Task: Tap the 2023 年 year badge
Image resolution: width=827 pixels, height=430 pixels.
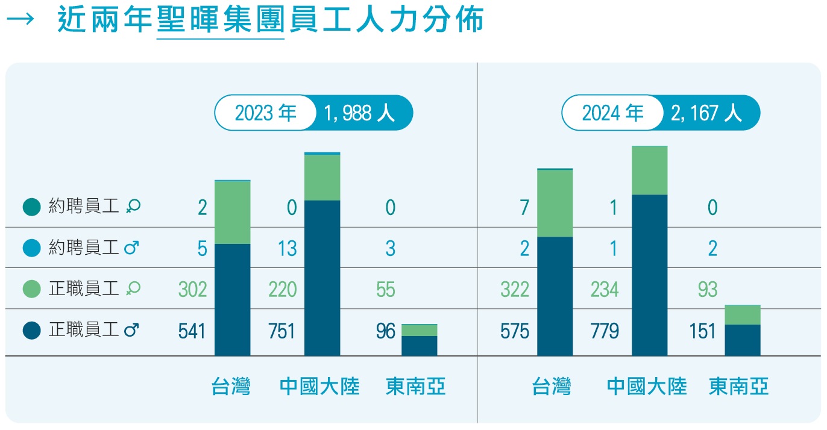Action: coord(265,113)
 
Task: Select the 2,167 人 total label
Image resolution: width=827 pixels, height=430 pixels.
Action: coord(706,113)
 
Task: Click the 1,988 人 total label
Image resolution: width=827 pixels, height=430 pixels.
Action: coord(359,113)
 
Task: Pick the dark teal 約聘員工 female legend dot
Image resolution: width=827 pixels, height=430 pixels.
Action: coord(32,207)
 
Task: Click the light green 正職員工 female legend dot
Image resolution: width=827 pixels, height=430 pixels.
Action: coord(32,289)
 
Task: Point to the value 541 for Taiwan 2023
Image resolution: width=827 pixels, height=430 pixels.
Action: coord(192,331)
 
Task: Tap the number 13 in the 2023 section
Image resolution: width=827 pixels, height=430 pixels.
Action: coord(288,248)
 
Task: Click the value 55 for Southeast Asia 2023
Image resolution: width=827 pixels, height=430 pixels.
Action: coord(386,290)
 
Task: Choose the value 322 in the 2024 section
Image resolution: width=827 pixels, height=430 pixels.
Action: coord(514,290)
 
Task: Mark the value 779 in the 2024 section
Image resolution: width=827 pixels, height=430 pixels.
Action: coord(605,331)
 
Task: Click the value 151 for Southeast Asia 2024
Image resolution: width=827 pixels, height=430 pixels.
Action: coord(702,331)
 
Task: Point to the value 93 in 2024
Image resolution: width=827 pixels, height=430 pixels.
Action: coord(708,290)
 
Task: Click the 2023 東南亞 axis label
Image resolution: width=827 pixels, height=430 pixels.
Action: coord(416,386)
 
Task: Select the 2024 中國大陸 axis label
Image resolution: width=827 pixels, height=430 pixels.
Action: coord(647,386)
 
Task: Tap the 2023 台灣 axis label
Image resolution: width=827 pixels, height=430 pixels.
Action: coord(231,386)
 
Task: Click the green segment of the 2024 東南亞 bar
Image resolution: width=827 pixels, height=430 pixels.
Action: coord(742,314)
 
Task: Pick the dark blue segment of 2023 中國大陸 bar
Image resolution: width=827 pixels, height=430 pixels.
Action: coord(322,277)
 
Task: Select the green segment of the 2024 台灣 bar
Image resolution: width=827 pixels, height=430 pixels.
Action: coord(555,204)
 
